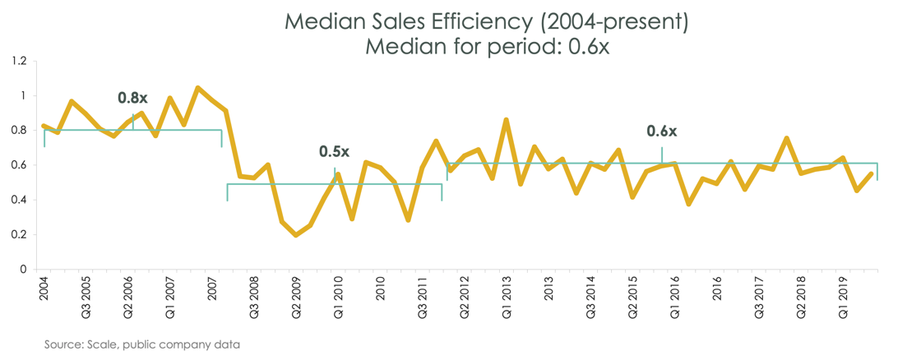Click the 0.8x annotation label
(133, 98)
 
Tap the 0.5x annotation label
(334, 152)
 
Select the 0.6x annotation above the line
(661, 132)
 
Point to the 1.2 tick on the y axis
(20, 61)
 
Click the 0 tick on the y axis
(23, 269)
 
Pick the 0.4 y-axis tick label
(20, 200)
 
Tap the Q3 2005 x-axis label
(86, 297)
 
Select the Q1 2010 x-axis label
(338, 297)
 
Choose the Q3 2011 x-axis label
(423, 297)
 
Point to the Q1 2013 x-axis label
(507, 297)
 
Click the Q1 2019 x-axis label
(842, 297)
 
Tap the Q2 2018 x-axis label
(800, 297)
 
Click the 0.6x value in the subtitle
(586, 46)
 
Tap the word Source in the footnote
(64, 344)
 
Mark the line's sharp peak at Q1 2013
(506, 120)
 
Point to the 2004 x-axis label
(44, 288)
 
